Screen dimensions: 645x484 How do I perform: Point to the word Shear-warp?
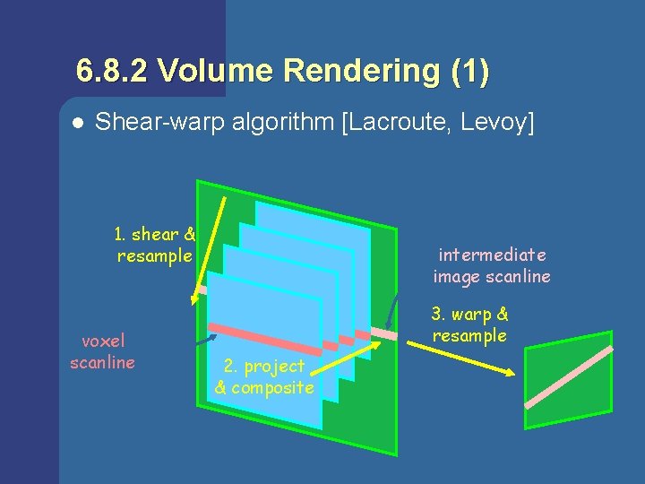pos(151,122)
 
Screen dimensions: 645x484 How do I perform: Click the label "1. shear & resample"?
pos(155,245)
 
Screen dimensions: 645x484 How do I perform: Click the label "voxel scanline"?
pos(102,351)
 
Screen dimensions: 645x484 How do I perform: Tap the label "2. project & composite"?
pos(264,377)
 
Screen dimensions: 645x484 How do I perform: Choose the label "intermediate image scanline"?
pos(492,266)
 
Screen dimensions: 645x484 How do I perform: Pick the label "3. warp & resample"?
pos(469,324)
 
